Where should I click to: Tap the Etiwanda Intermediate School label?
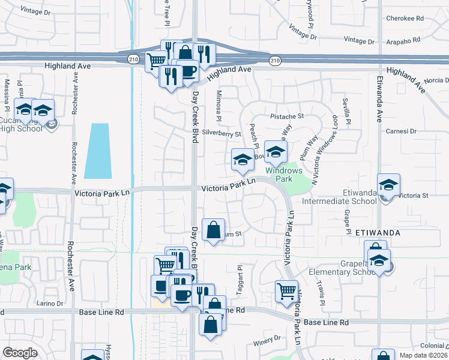pos(356,197)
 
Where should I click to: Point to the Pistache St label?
pos(287,115)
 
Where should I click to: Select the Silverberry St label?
pos(221,134)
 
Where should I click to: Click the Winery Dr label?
pos(267,341)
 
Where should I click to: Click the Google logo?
pos(20,352)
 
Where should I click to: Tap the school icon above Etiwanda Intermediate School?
pos(388,184)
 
